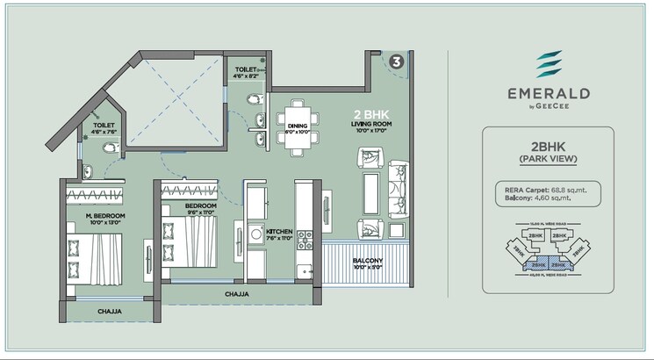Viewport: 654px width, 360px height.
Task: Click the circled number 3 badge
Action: coord(397,61)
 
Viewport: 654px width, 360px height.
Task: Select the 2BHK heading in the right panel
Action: coord(547,148)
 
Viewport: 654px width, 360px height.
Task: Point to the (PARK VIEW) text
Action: coord(547,160)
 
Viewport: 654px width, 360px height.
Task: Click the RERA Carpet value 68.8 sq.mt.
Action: coord(571,189)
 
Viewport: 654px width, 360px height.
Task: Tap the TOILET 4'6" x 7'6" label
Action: coord(104,130)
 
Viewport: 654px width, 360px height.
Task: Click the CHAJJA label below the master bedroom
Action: coord(109,311)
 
